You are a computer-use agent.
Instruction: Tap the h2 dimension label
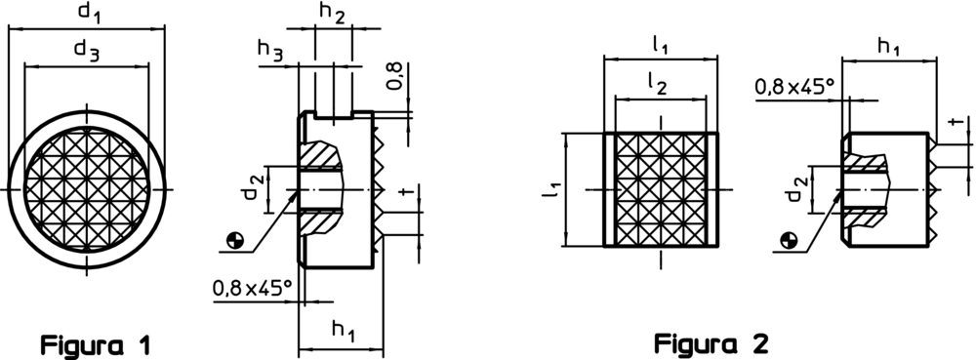tap(332, 14)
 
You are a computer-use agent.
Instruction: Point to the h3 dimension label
tap(270, 51)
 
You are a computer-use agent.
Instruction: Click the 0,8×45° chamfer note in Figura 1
tap(252, 288)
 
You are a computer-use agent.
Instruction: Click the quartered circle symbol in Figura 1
tap(234, 240)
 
